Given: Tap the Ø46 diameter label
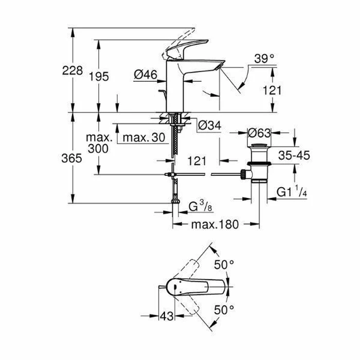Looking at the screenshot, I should (145, 75).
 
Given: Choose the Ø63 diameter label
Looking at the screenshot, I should (259, 133).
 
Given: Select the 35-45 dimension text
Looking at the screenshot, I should (294, 154).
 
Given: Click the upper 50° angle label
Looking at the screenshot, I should (224, 265).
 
